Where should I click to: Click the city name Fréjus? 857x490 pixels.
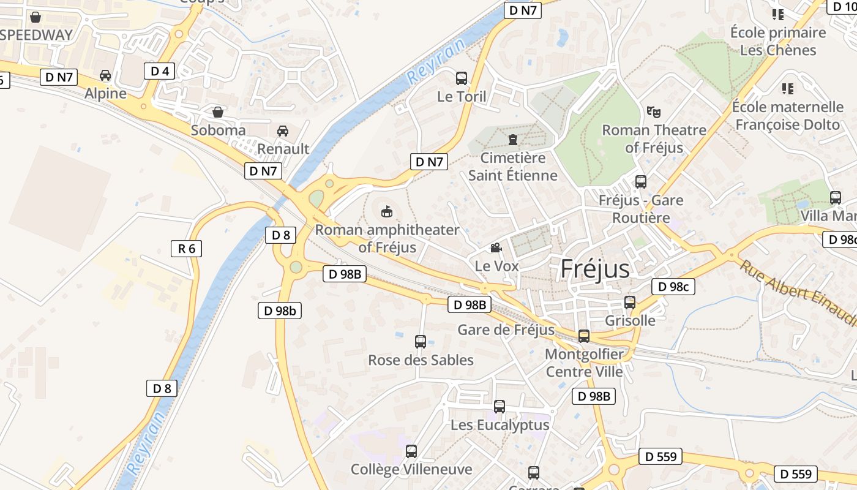coord(595,269)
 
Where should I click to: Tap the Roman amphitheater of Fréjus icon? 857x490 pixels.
coord(387,212)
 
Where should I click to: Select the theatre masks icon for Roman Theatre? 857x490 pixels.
coord(654,111)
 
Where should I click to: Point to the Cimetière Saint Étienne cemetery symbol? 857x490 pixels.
coord(512,140)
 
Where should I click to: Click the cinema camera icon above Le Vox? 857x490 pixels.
coord(496,247)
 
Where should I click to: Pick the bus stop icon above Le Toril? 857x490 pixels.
coord(462,78)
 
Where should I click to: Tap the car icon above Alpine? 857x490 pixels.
coord(105,75)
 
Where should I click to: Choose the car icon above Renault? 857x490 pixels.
coord(283,130)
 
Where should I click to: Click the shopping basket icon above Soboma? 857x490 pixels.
coord(217,112)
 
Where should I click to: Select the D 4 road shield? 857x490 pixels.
coord(160,70)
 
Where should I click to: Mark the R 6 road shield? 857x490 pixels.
coord(186,248)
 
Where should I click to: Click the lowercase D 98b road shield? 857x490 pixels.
coord(279,311)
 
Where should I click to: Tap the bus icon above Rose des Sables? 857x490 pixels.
coord(421,342)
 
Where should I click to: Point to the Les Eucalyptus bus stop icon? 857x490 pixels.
coord(500,407)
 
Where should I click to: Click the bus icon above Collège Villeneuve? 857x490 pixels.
coord(411,451)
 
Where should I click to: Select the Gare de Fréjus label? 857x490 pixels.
coord(506,330)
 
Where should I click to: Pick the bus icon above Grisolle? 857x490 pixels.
coord(629,303)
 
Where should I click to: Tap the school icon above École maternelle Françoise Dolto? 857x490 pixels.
coord(788,89)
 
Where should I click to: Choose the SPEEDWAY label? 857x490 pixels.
coord(37,35)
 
